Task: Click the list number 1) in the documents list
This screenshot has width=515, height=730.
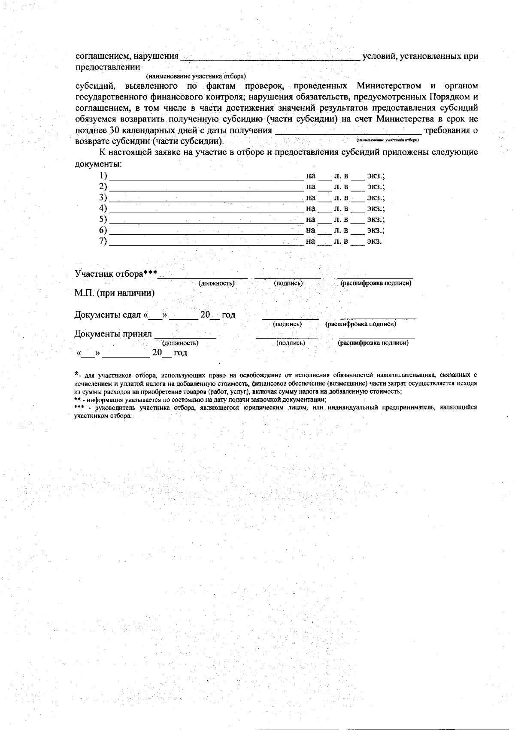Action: click(103, 176)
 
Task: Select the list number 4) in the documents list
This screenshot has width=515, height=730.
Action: click(103, 209)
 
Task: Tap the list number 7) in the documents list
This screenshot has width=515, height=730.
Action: click(103, 241)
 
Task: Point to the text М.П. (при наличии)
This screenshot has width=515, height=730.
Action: click(115, 293)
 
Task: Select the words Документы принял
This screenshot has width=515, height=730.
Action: click(113, 334)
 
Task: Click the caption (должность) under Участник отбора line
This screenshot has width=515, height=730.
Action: click(216, 283)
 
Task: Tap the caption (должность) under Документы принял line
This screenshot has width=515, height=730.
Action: click(180, 343)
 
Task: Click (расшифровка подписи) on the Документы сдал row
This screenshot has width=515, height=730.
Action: click(360, 324)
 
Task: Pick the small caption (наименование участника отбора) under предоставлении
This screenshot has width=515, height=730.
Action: click(195, 76)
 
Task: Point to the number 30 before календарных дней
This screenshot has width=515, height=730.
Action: click(114, 130)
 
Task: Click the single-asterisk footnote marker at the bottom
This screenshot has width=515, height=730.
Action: click(76, 373)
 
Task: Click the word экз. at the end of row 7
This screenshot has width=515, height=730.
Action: click(374, 241)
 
